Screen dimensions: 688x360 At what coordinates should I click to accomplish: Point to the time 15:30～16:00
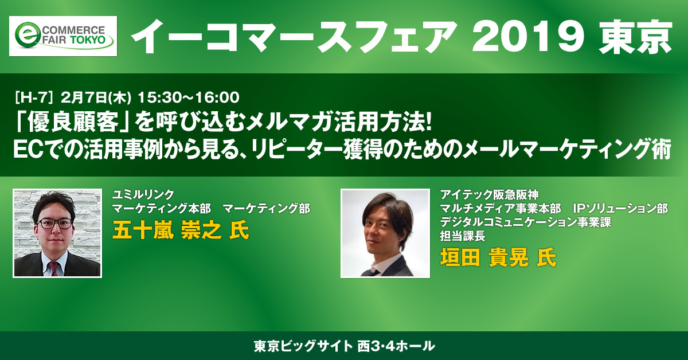click(189, 97)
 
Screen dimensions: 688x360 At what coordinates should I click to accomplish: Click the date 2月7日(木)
click(96, 97)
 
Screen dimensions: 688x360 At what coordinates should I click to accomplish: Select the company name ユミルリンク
click(143, 194)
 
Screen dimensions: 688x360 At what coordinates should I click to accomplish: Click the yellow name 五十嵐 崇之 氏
click(181, 230)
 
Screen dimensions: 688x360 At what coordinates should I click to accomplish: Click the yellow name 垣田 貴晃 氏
click(498, 257)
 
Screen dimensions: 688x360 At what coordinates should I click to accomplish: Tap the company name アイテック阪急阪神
click(490, 194)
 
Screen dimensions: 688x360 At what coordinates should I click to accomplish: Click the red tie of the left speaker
click(54, 269)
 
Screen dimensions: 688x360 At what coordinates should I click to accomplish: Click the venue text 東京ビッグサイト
click(303, 346)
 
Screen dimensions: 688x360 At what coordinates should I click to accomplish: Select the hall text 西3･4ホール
click(396, 346)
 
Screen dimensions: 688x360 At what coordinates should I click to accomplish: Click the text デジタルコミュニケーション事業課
click(526, 222)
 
